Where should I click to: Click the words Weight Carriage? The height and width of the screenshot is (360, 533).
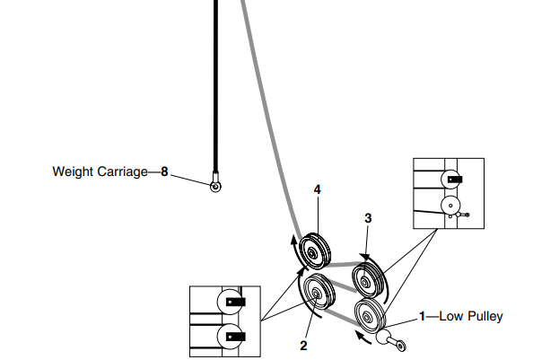pos(100,171)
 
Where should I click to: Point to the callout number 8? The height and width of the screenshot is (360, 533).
pos(164,171)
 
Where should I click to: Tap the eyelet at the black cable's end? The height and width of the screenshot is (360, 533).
pos(215,187)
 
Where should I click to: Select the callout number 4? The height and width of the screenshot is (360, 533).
pos(317,189)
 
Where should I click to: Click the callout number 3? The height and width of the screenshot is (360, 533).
pos(368,218)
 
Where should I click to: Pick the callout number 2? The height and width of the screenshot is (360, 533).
pos(303,346)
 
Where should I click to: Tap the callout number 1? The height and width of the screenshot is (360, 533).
pos(422,316)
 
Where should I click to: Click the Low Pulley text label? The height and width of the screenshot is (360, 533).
pos(471,316)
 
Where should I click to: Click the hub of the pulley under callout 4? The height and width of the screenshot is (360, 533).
pos(311,253)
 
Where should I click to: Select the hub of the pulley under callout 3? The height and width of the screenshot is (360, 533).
pos(364,282)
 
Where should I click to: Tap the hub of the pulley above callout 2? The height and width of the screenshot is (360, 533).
pos(315,294)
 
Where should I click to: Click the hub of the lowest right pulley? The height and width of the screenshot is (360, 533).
pos(366,318)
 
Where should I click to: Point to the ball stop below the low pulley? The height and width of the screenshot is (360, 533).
pos(383,337)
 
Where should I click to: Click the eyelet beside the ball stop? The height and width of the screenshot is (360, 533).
pos(401,346)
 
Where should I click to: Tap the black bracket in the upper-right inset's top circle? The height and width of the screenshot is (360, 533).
pos(455,180)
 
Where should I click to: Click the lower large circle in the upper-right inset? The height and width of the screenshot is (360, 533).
pos(450,206)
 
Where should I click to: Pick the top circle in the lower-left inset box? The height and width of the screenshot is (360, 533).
pos(231,302)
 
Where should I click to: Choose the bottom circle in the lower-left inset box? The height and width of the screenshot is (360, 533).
pos(231,337)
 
